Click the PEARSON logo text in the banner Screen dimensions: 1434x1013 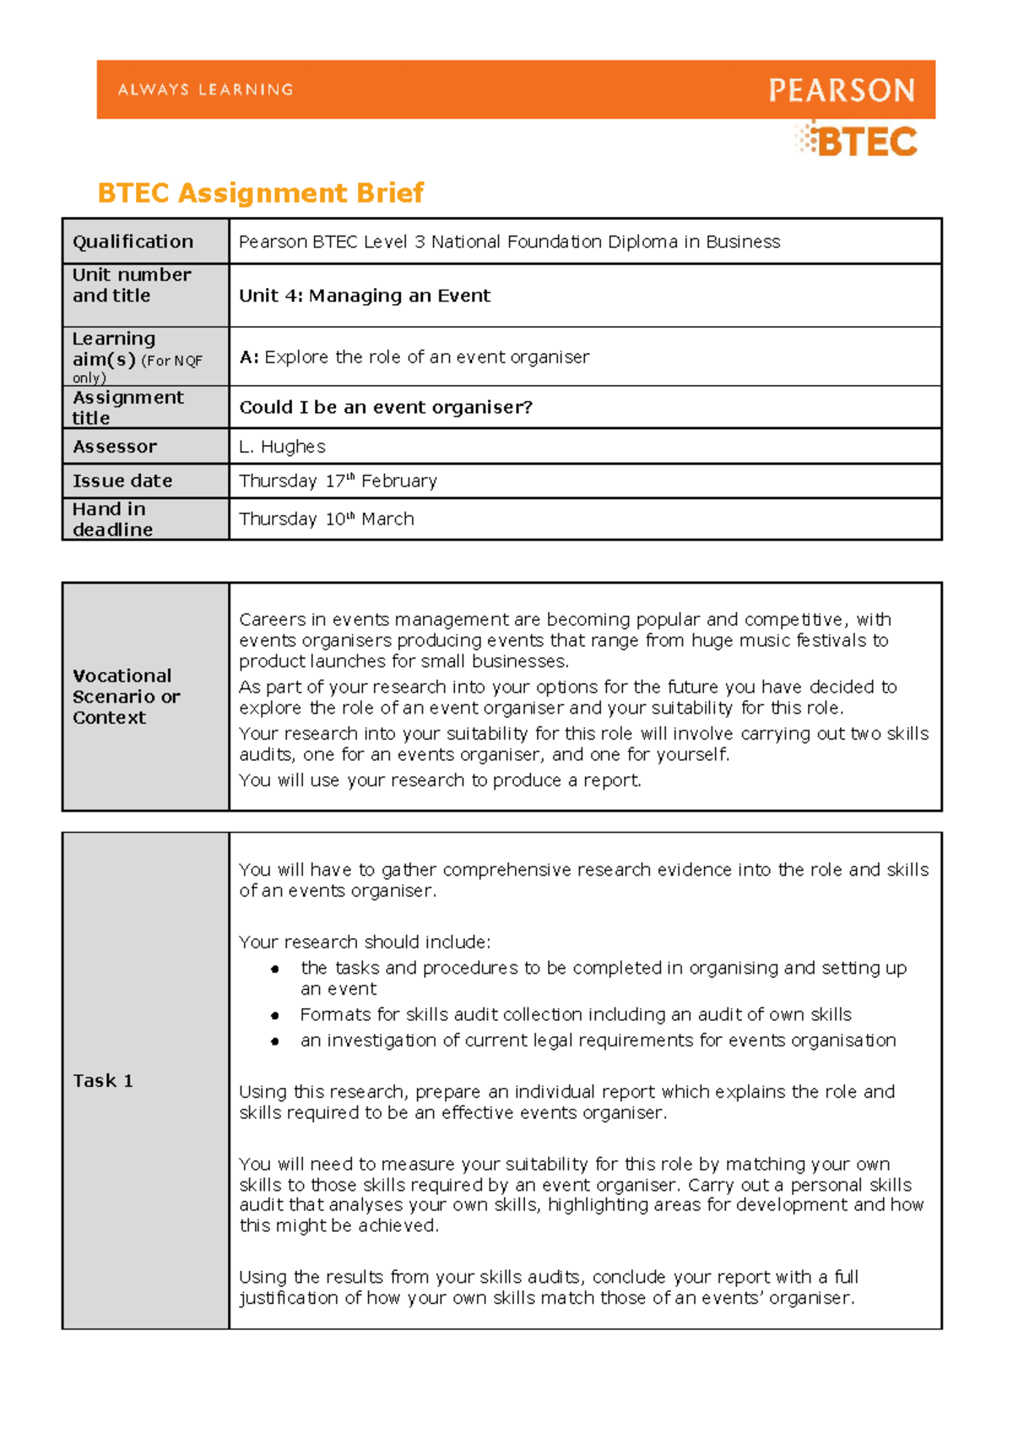(x=841, y=90)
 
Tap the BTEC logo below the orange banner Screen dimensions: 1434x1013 (x=858, y=141)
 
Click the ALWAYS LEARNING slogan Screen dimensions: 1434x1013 (x=205, y=90)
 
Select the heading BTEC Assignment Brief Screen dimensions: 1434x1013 (x=261, y=193)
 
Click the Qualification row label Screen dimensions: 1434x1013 (x=133, y=242)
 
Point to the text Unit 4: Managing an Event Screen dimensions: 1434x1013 (x=365, y=296)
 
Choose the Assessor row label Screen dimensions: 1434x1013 (x=115, y=447)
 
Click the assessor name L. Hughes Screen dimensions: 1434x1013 (x=282, y=447)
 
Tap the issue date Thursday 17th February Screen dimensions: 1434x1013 (x=338, y=481)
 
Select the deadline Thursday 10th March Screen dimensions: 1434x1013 (x=327, y=519)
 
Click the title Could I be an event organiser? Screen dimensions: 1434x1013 (x=386, y=408)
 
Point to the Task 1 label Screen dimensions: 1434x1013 (x=103, y=1081)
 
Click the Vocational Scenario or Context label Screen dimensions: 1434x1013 (x=126, y=697)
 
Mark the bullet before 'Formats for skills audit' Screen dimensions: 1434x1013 (x=275, y=1015)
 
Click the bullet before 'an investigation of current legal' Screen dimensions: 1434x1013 (x=275, y=1041)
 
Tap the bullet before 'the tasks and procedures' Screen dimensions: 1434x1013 (x=275, y=969)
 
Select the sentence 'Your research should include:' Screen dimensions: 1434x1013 (x=365, y=942)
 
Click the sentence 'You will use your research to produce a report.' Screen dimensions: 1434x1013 (x=440, y=781)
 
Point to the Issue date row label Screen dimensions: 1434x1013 (x=122, y=481)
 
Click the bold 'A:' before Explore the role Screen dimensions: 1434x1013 (x=249, y=357)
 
